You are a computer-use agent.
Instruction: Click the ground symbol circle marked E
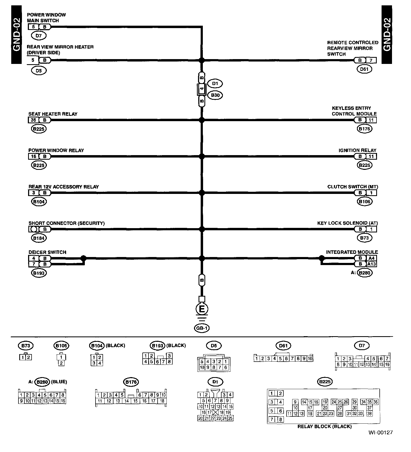pyautogui.click(x=202, y=309)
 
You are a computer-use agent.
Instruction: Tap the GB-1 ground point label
pyautogui.click(x=202, y=328)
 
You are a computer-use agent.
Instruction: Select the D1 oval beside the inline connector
pyautogui.click(x=215, y=84)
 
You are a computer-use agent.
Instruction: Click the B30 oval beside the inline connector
pyautogui.click(x=215, y=95)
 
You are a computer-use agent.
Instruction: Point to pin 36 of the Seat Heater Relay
pyautogui.click(x=33, y=120)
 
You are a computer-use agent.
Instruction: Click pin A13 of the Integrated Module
pyautogui.click(x=371, y=264)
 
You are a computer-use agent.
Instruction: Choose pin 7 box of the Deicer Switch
pyautogui.click(x=33, y=264)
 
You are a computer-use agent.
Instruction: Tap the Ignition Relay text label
pyautogui.click(x=357, y=150)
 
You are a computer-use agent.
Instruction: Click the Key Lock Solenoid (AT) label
pyautogui.click(x=347, y=223)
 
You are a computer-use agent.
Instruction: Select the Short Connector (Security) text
pyautogui.click(x=66, y=223)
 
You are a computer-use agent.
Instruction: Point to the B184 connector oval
pyautogui.click(x=39, y=238)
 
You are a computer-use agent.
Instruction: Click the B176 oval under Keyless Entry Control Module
pyautogui.click(x=364, y=129)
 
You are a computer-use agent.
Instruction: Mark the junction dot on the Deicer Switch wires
pyautogui.click(x=83, y=258)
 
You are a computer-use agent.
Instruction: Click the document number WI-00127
pyautogui.click(x=380, y=432)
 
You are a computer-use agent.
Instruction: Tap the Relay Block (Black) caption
pyautogui.click(x=324, y=427)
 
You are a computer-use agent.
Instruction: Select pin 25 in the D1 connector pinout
pyautogui.click(x=230, y=418)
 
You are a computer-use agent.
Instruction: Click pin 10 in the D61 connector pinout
pyautogui.click(x=310, y=359)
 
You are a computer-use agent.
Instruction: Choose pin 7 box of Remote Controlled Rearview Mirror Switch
pyautogui.click(x=371, y=60)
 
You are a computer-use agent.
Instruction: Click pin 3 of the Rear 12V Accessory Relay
pyautogui.click(x=33, y=193)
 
